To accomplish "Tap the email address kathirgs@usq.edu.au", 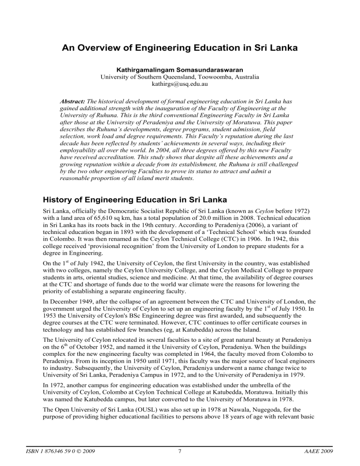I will click(x=180, y=78).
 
